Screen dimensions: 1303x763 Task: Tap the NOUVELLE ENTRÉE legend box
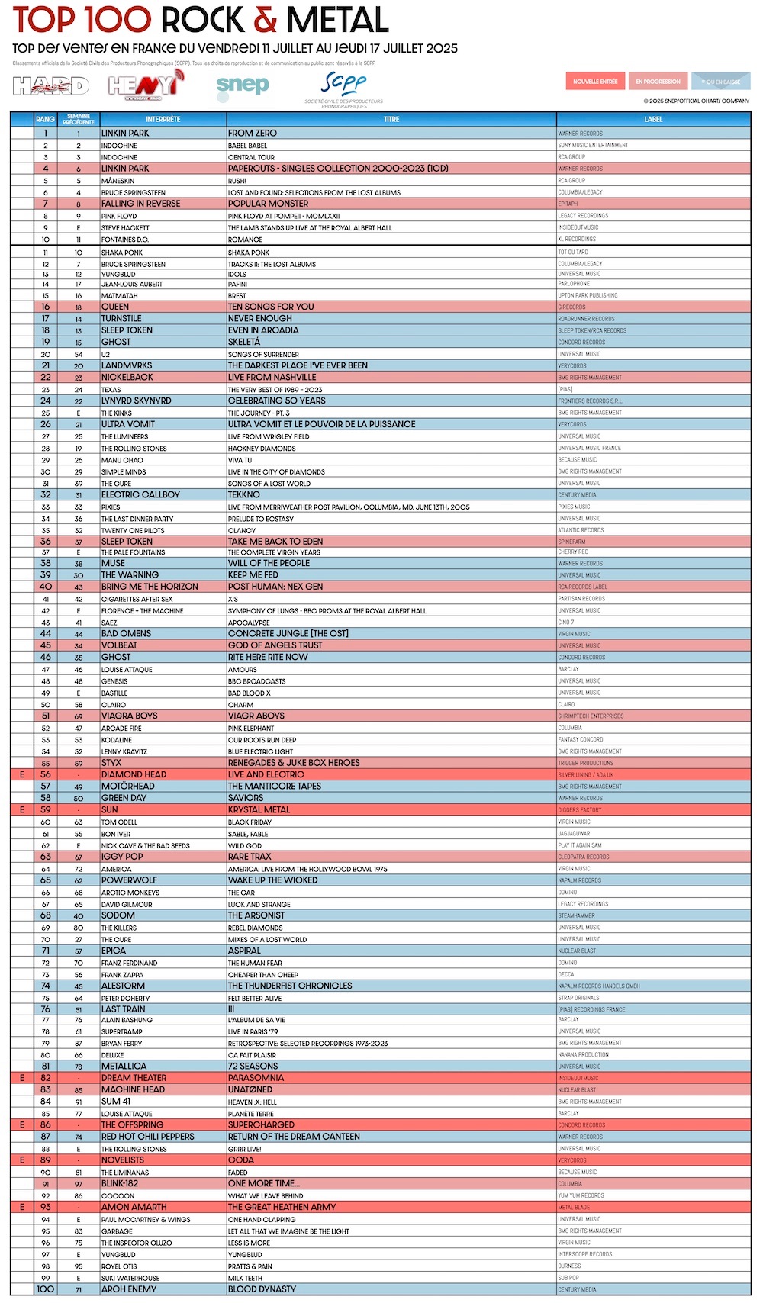coord(595,82)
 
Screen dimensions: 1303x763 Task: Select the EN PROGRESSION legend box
coord(658,82)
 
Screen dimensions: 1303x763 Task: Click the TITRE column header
coord(391,119)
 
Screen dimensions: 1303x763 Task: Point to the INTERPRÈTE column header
coord(163,119)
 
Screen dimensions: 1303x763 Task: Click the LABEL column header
coord(653,119)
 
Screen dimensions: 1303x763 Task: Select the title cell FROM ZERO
coord(253,134)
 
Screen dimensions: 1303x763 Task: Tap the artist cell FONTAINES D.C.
coord(125,240)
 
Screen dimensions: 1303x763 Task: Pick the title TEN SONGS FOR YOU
coord(271,307)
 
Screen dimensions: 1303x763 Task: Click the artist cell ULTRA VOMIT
coord(128,424)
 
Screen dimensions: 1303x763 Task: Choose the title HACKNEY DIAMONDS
coord(262,449)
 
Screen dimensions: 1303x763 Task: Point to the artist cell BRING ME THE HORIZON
coord(150,587)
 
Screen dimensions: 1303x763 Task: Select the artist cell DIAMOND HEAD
coord(134,774)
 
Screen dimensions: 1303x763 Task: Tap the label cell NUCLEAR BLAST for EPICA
coord(576,951)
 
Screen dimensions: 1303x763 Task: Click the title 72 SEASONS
coord(253,1067)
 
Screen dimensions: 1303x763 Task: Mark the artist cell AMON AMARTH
coord(133,1207)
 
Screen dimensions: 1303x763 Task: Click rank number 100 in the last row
coord(45,1289)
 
